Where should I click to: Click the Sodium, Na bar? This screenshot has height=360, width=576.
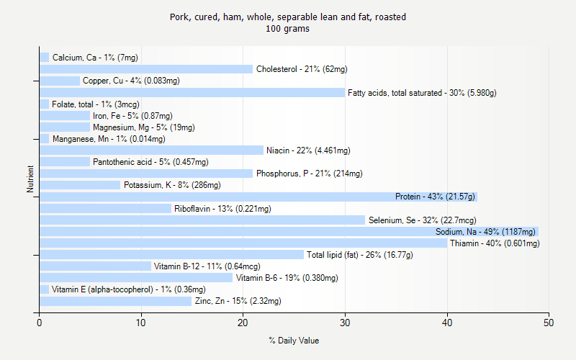[x=289, y=232]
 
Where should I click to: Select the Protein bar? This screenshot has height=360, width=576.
[x=258, y=197]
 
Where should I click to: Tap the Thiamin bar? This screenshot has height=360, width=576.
[x=243, y=243]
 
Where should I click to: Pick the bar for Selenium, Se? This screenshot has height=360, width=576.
[x=202, y=220]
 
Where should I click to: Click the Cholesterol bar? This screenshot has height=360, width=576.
[x=146, y=69]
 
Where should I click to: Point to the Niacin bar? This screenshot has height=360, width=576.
[x=151, y=150]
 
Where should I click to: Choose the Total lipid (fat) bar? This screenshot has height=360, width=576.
[x=171, y=255]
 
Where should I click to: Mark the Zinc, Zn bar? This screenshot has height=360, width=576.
[x=115, y=301]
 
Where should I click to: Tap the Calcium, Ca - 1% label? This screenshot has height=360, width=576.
[x=95, y=58]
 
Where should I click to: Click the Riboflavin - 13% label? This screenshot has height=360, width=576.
[x=222, y=209]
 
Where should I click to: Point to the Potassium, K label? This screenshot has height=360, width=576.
[x=172, y=185]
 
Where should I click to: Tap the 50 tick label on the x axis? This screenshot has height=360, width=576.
[x=549, y=323]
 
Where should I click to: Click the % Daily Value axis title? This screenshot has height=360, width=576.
[x=294, y=341]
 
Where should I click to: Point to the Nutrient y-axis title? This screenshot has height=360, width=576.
[x=30, y=179]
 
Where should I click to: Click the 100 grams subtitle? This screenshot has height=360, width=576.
[x=287, y=29]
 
